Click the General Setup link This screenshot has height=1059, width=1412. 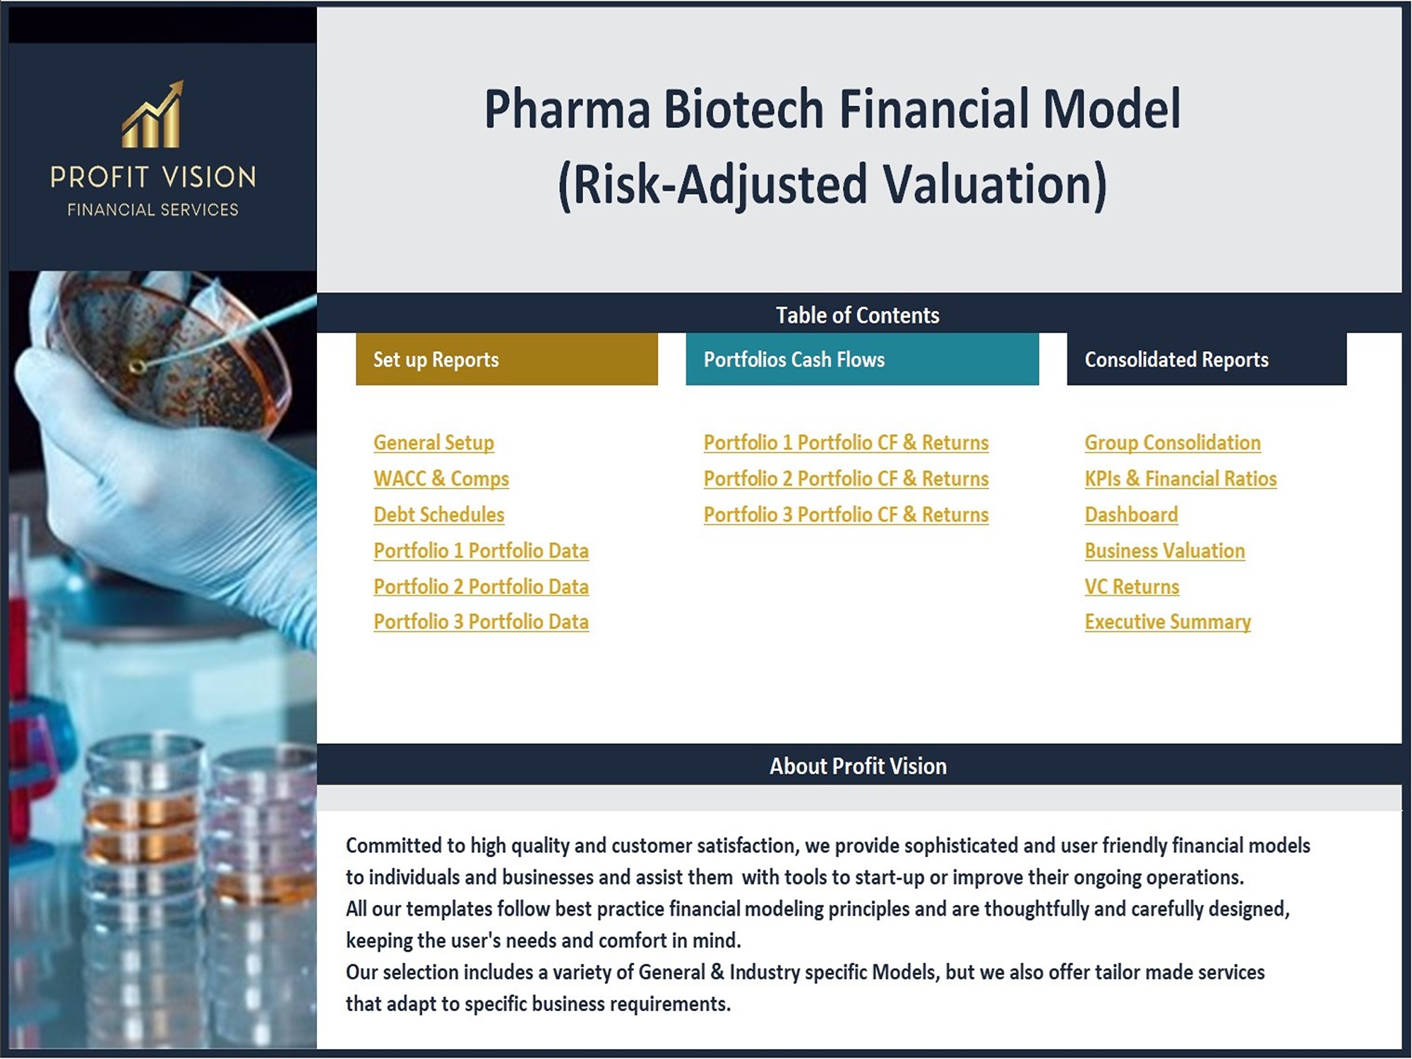tap(433, 443)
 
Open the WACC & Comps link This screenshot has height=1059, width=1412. tap(441, 479)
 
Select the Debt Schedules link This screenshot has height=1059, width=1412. tap(439, 515)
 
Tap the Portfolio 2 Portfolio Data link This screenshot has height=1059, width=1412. tap(481, 587)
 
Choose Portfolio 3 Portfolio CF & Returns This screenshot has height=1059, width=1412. tap(846, 515)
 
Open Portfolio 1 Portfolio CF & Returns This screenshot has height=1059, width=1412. tap(846, 443)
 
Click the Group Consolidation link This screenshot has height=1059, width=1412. tap(1173, 443)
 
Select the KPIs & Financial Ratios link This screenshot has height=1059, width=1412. tap(1180, 479)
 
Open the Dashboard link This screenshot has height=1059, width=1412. tap(1131, 515)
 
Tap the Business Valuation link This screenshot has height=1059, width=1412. tap(1165, 551)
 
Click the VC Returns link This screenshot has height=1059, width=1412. tap(1132, 587)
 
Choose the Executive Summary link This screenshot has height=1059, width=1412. tap(1168, 622)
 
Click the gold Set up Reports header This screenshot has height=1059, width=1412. tap(507, 359)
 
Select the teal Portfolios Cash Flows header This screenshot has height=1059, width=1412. tap(862, 359)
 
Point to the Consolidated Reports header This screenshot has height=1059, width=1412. tap(1207, 359)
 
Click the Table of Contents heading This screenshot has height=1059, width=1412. tap(858, 315)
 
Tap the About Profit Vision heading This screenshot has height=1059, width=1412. tap(858, 766)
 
